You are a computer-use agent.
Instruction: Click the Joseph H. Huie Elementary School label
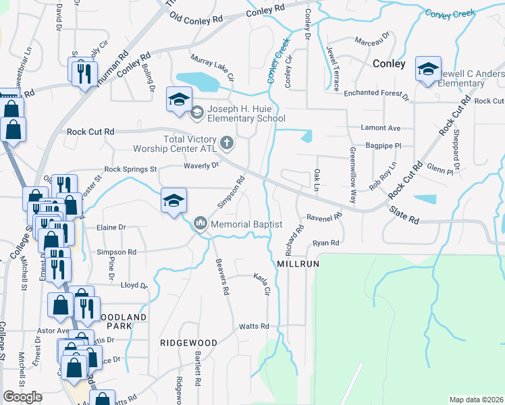click(242, 113)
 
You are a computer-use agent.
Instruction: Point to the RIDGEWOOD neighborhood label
click(188, 343)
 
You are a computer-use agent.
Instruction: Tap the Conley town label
click(389, 64)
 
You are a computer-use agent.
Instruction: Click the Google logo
click(22, 397)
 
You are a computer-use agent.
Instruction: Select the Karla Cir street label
click(262, 283)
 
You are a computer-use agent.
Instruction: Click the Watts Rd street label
click(254, 326)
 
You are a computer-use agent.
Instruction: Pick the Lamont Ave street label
click(381, 128)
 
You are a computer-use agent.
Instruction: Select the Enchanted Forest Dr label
click(376, 94)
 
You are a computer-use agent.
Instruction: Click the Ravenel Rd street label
click(325, 217)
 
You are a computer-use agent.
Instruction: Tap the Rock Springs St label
click(130, 169)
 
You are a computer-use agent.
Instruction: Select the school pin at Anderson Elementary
click(428, 69)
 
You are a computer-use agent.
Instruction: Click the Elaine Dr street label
click(112, 227)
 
